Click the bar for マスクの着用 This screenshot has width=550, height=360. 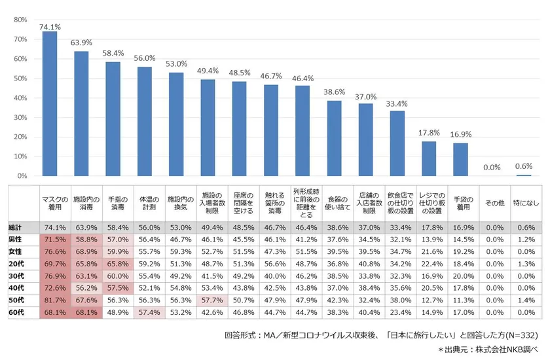pos(50,105)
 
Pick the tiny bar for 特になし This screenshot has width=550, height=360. pos(524,175)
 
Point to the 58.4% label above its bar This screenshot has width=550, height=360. pos(113,53)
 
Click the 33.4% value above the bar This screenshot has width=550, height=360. pos(397,103)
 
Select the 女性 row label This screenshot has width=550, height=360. pos(15,251)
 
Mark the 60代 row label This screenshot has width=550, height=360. pos(15,313)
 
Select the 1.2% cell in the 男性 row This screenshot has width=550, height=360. pos(524,239)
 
